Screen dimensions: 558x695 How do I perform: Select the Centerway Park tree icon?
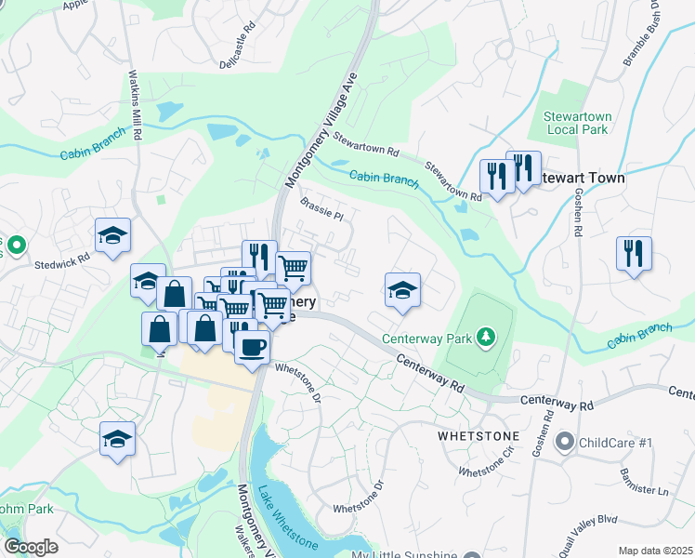coord(484,335)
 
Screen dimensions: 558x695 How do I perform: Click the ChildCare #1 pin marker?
coord(564,443)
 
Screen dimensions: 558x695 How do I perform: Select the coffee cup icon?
coord(251,348)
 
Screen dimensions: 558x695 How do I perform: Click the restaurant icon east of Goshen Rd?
coord(634,253)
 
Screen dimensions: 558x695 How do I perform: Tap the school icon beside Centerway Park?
coord(402,290)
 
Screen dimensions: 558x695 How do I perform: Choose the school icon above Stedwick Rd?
coord(112,235)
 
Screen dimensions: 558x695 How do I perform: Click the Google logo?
coord(31,547)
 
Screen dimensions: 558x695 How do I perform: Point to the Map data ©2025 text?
coord(654,551)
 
